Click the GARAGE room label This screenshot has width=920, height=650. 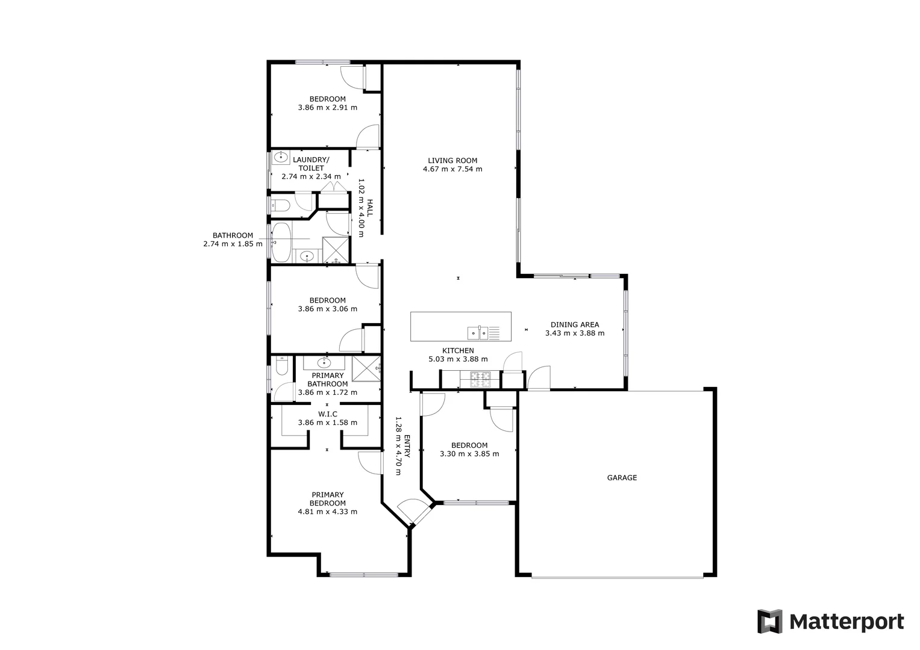(621, 478)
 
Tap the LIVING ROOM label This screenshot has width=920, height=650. (452, 161)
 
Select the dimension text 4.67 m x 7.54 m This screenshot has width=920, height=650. (452, 169)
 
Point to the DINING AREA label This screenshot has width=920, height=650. (574, 324)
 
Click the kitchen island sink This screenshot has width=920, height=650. (478, 332)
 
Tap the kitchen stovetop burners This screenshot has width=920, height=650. (480, 379)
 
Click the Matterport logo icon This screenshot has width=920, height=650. (769, 621)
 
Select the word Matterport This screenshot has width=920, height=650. (846, 622)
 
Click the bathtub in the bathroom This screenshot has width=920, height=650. (281, 242)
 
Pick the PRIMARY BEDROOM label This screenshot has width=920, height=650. (327, 499)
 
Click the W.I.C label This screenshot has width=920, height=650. (327, 414)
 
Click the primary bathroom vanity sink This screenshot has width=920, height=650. (324, 362)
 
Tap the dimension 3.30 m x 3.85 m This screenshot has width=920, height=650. (469, 454)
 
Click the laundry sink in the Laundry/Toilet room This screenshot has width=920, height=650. (280, 158)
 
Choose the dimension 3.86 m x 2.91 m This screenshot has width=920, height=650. (327, 108)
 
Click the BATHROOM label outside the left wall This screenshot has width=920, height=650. (233, 235)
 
